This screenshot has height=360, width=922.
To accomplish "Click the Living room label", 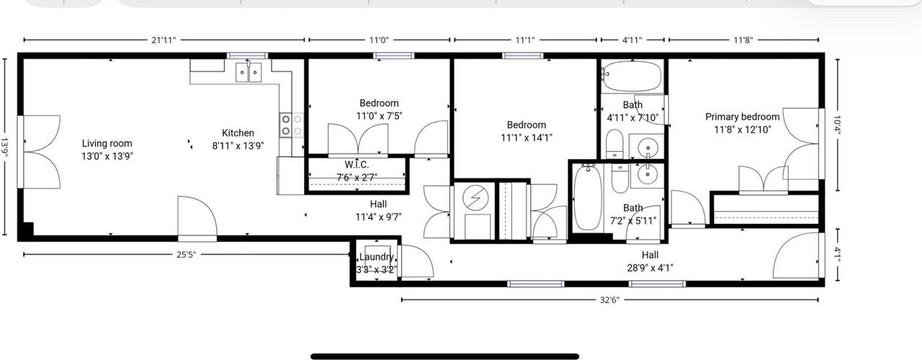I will click(107, 143).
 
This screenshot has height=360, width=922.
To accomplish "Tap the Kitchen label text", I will click(238, 133).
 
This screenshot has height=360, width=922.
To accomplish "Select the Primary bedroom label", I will click(742, 117).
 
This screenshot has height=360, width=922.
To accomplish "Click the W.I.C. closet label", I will click(357, 165).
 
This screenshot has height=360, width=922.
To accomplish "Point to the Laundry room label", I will click(376, 257).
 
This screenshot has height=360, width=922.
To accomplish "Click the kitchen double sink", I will click(249, 72).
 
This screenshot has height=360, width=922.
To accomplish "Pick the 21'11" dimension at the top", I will click(164, 40).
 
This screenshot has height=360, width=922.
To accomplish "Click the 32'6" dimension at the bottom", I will click(609, 300).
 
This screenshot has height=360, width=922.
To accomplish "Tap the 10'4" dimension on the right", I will click(837, 125).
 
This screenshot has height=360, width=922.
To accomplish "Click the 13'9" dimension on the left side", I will click(6, 148).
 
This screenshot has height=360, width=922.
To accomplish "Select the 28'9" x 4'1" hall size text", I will click(650, 267).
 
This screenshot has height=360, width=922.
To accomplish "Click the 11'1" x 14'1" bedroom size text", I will click(527, 137).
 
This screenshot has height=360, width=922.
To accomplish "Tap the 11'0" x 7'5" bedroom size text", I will click(379, 115).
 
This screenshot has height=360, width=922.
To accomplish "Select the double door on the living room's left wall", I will click(36, 151).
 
